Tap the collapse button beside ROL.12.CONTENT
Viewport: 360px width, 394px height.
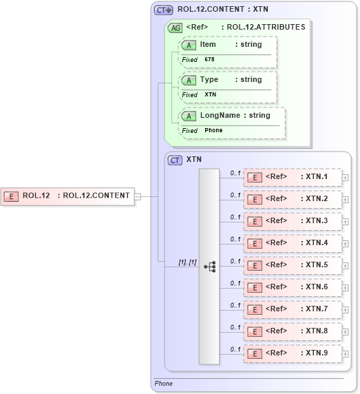[x=138, y=196]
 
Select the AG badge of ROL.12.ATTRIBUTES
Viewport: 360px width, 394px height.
[x=176, y=28]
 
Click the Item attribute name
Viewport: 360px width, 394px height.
[x=208, y=45]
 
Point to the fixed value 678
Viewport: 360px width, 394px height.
[x=209, y=60]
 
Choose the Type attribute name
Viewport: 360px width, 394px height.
[x=209, y=80]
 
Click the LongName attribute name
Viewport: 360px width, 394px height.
[x=220, y=116]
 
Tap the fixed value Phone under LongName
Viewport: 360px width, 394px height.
[x=213, y=130]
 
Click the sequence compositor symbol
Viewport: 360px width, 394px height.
[x=209, y=265]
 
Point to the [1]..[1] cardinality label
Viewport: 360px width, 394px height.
[x=187, y=262]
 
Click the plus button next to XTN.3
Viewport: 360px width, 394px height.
[x=346, y=222]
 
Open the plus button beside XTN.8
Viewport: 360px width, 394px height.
[x=346, y=332]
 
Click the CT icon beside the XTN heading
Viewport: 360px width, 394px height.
[x=176, y=159]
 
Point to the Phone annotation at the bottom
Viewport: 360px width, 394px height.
[x=164, y=384]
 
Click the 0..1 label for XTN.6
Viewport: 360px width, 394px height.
[x=235, y=283]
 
